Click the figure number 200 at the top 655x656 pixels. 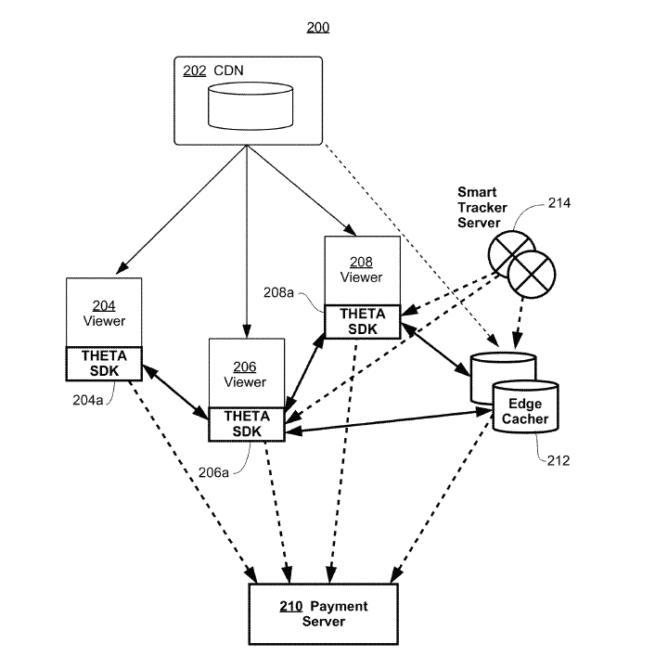click(317, 28)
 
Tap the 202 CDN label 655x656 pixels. click(212, 71)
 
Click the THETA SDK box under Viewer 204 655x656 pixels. click(104, 363)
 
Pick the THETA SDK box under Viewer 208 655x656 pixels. click(362, 321)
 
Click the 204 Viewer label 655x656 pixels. click(104, 314)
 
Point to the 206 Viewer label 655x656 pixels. click(246, 375)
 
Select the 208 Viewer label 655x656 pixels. click(362, 269)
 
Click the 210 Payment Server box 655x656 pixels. click(323, 613)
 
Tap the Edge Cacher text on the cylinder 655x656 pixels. click(525, 411)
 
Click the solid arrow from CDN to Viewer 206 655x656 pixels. click(247, 241)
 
